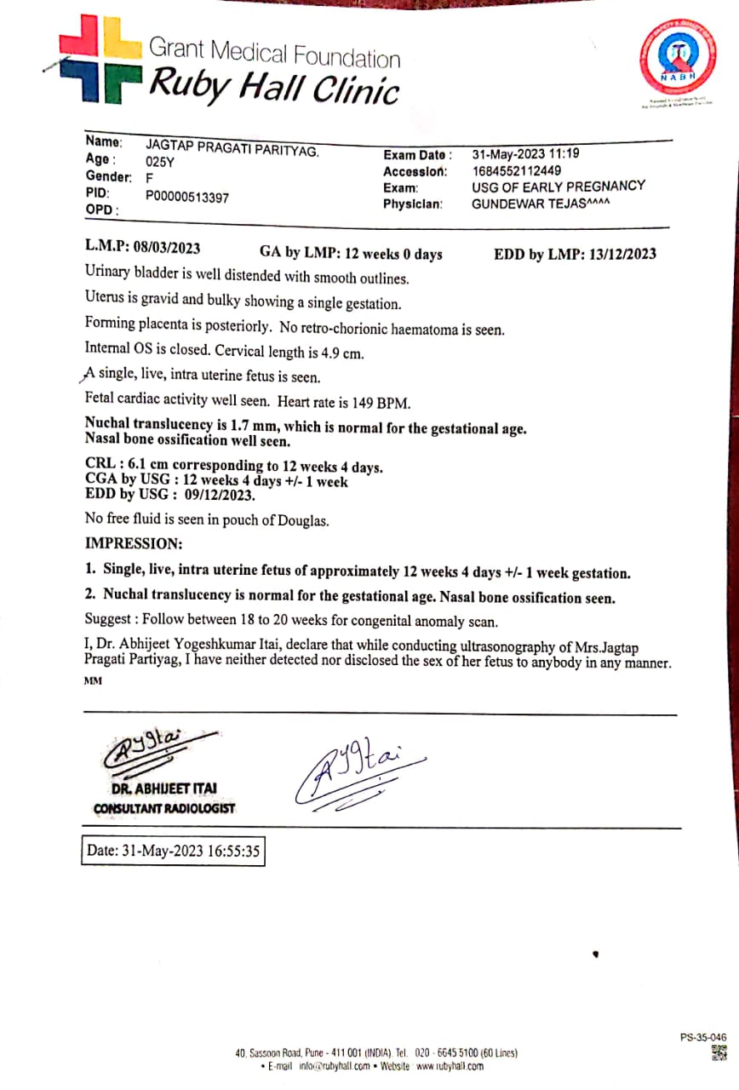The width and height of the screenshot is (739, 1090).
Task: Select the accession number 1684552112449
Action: pyautogui.click(x=517, y=170)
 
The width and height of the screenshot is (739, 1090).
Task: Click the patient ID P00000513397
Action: pyautogui.click(x=187, y=197)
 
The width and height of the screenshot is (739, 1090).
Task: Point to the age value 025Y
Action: pyautogui.click(x=160, y=161)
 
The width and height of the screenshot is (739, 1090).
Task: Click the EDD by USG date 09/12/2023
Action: pyautogui.click(x=213, y=495)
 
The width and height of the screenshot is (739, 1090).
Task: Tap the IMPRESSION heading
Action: pyautogui.click(x=133, y=543)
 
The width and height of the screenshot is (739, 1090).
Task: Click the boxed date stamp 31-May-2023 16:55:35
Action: pyautogui.click(x=173, y=850)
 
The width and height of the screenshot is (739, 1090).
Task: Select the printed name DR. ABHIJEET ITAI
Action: pyautogui.click(x=163, y=789)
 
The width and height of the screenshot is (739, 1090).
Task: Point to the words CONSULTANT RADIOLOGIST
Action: pyautogui.click(x=163, y=808)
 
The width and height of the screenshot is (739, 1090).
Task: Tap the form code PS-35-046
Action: pyautogui.click(x=703, y=1037)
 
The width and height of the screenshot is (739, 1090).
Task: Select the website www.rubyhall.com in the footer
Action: pyautogui.click(x=450, y=1066)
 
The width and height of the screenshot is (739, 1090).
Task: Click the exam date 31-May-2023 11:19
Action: pyautogui.click(x=526, y=155)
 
